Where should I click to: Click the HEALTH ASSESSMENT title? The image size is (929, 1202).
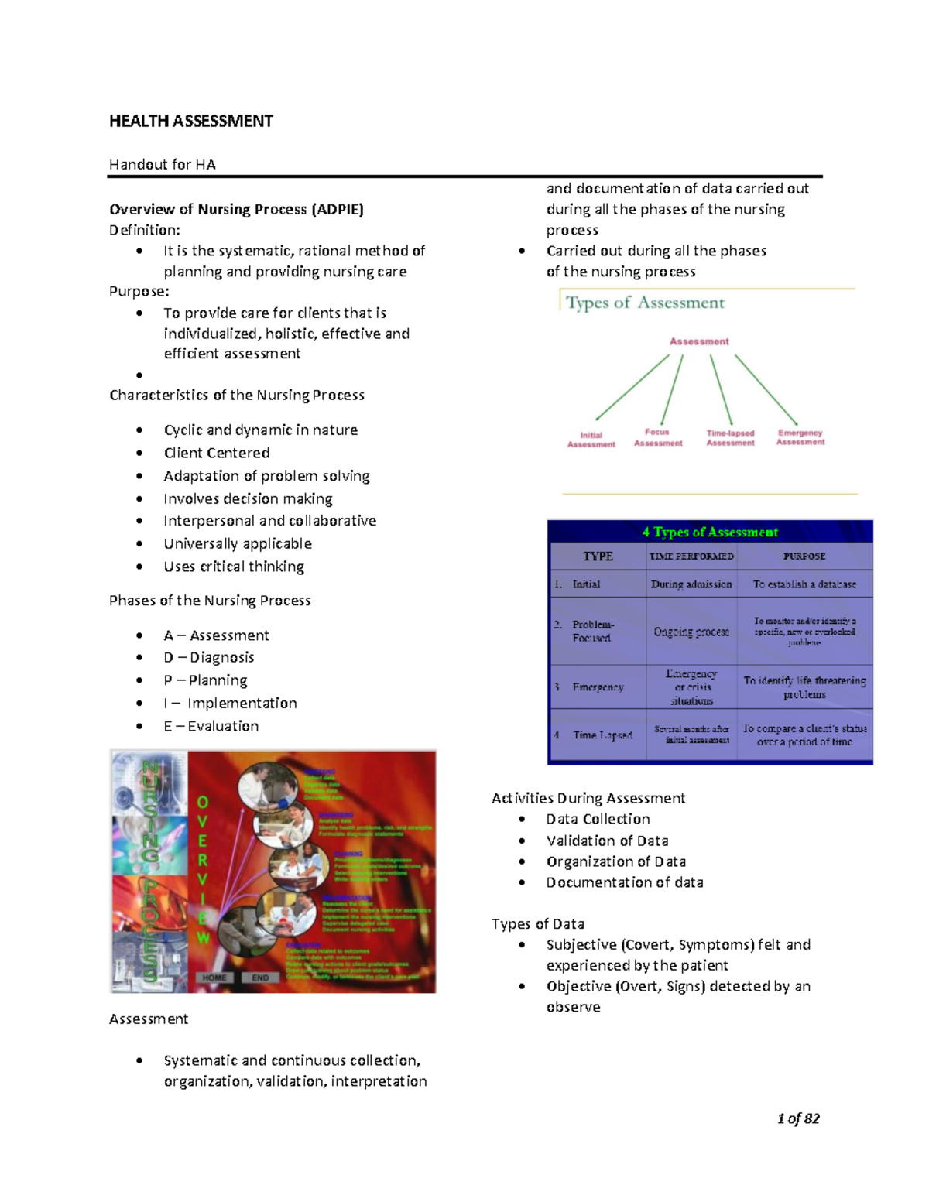(190, 121)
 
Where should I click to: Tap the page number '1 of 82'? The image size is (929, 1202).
(798, 1118)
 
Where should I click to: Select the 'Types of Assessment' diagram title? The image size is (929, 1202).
(645, 303)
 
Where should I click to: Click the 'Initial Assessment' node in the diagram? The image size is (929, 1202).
(591, 440)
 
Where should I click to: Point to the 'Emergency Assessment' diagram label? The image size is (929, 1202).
(800, 437)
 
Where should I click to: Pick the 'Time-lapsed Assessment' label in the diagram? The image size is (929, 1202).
(730, 438)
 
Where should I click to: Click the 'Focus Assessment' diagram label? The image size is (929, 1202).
(658, 437)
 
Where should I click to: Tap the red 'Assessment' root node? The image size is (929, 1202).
(699, 341)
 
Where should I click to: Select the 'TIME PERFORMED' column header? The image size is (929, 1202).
(691, 556)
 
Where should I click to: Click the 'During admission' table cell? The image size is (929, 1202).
(691, 584)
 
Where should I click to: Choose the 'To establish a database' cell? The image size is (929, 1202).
(804, 584)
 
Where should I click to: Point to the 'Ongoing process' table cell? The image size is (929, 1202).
(691, 632)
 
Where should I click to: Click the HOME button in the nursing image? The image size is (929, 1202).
(214, 978)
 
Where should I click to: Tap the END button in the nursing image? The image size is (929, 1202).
(260, 978)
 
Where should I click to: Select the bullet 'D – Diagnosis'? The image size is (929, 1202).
(209, 657)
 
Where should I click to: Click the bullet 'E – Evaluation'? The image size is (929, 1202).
(211, 726)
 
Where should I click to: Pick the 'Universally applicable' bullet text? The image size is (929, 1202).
(238, 543)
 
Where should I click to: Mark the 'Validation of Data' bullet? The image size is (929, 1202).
(607, 841)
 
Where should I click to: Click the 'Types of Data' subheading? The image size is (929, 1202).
(537, 923)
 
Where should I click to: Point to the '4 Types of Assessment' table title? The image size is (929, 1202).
(710, 532)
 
